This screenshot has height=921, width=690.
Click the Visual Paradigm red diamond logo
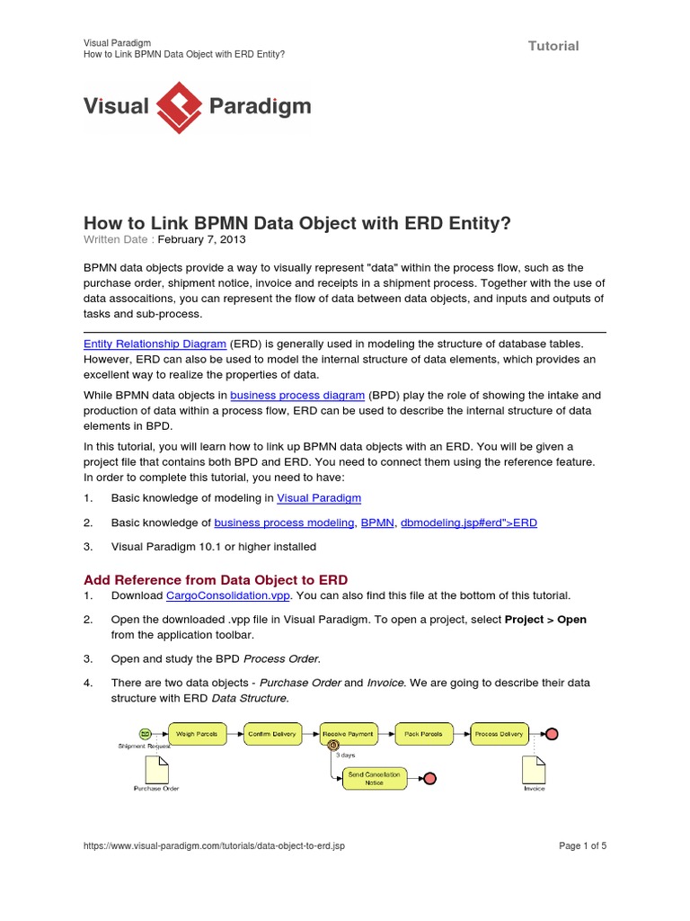coord(179,107)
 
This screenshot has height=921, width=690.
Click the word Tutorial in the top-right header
coord(553,46)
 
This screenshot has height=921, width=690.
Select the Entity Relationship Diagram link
coord(155,343)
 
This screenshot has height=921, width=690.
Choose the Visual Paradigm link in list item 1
coord(319,497)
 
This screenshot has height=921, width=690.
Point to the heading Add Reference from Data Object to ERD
coord(216,579)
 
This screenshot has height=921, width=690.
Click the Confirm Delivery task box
coord(272,734)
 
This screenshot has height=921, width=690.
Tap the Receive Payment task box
coord(348,734)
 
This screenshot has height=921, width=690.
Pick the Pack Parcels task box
coord(423,734)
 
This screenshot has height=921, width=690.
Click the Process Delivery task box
coord(499,734)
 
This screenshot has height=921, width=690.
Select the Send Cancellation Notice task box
coord(375,778)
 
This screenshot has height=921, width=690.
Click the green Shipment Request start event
coord(145,734)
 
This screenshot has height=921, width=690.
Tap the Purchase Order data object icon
coord(156,769)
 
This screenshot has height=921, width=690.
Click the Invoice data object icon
coord(534,769)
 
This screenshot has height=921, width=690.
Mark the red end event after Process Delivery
coord(552,734)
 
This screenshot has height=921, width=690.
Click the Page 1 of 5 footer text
coord(582,846)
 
